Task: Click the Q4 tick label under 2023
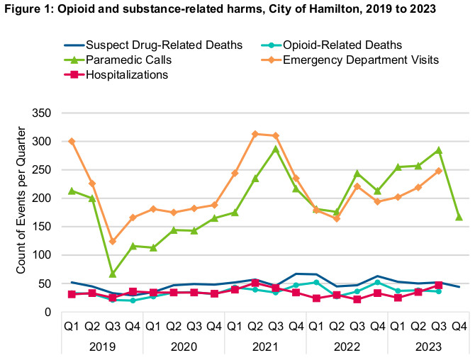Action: click(x=459, y=328)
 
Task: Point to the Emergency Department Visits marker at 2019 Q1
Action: click(x=72, y=141)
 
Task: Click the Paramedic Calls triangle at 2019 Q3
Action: click(x=113, y=274)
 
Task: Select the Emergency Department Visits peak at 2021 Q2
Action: click(x=255, y=134)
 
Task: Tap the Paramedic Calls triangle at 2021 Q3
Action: click(x=275, y=149)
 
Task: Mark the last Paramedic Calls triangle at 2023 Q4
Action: click(x=459, y=217)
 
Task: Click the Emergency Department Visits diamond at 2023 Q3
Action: click(x=438, y=171)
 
